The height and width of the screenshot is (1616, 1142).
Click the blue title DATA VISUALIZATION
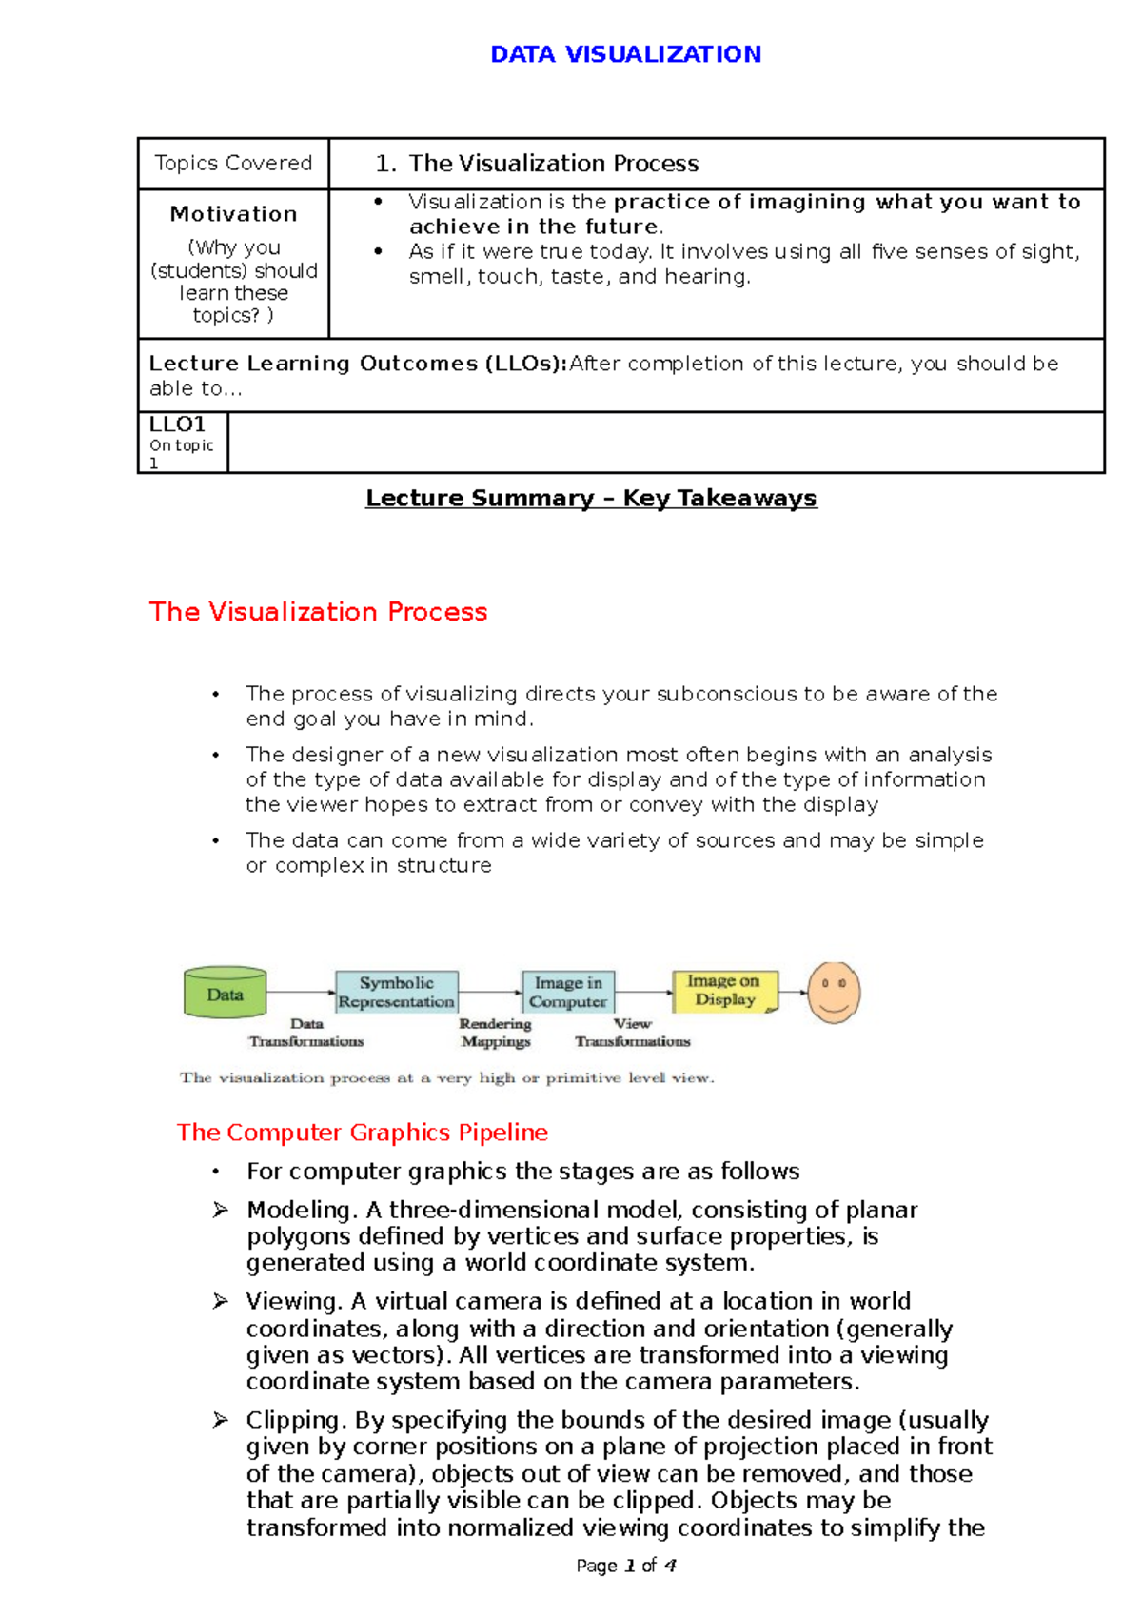point(625,54)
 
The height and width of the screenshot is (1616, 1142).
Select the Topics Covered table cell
point(233,164)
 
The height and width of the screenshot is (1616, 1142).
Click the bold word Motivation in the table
point(233,214)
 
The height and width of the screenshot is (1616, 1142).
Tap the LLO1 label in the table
point(177,424)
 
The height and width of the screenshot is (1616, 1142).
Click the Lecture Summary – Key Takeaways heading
point(591,499)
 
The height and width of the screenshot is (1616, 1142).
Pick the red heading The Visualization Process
point(318,612)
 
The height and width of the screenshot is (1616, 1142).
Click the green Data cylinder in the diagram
point(225,994)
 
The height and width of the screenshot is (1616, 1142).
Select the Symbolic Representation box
point(396,992)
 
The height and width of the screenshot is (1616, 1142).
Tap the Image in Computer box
point(568,992)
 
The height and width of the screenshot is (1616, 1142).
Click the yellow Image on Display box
point(724,991)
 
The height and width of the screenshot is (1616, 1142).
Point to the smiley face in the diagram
point(834,992)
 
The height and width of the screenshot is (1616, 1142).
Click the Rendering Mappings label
point(495,1033)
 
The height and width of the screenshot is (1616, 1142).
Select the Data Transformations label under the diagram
point(306,1033)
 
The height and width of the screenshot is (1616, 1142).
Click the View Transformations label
point(632,1033)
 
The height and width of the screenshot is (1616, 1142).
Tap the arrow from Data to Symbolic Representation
point(300,993)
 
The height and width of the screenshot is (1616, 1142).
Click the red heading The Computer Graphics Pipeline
point(362,1133)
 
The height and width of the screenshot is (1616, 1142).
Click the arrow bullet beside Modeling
point(220,1210)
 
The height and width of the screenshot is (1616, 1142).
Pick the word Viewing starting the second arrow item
point(293,1301)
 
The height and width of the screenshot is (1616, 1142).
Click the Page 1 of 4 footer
point(625,1566)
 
